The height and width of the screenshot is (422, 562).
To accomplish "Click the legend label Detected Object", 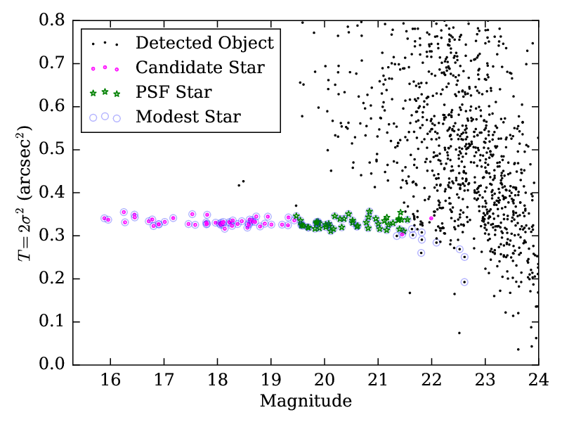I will [204, 43].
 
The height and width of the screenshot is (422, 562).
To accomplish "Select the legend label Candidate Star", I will [200, 68].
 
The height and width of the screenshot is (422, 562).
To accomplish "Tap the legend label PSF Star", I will [174, 92].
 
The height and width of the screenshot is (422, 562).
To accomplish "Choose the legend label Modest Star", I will [188, 117].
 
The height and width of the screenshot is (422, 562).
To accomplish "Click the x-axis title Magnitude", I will [306, 402].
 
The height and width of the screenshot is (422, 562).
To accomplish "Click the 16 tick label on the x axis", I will [110, 380].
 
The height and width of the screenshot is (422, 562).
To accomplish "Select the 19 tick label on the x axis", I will [270, 380].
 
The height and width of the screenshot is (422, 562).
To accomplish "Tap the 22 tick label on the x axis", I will [431, 380].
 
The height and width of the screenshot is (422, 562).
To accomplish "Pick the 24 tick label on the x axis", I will [538, 380].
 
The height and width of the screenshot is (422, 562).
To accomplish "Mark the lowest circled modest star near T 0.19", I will [464, 282].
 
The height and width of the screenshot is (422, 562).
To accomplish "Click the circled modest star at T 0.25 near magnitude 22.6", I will [464, 257].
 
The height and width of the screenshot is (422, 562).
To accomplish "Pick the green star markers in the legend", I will [105, 92].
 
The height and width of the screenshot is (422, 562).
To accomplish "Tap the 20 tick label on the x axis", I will [324, 380].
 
